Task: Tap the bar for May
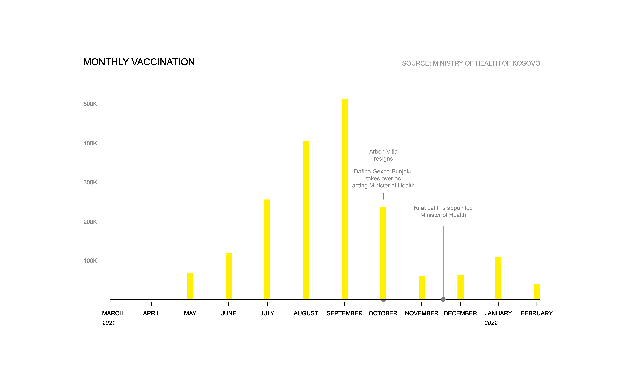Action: [190, 286]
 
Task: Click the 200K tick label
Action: [90, 222]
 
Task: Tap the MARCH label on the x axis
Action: [113, 313]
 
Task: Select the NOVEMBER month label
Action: [422, 313]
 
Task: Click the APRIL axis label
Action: [151, 313]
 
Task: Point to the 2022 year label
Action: [491, 323]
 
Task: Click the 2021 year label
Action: [109, 323]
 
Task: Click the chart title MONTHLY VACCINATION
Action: [139, 62]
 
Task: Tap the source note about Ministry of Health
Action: [471, 63]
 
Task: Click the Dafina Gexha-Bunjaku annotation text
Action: [383, 178]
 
